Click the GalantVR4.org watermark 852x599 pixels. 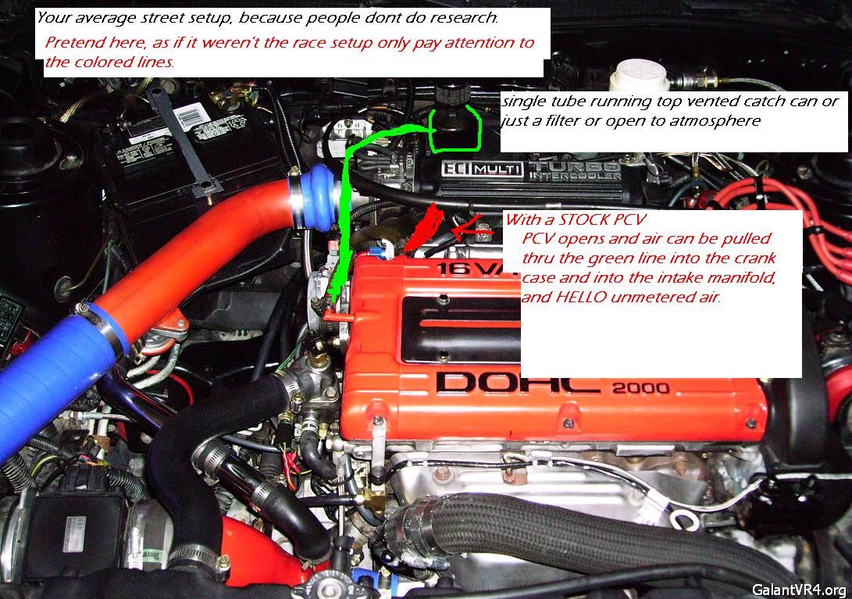[x=799, y=590]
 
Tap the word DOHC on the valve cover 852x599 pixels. [x=518, y=383]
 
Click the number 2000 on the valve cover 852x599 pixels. [x=640, y=387]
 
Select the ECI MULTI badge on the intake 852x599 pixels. [x=483, y=169]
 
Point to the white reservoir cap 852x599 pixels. [x=639, y=76]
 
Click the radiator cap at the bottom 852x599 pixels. [x=326, y=588]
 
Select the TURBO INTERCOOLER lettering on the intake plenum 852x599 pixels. [x=575, y=170]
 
